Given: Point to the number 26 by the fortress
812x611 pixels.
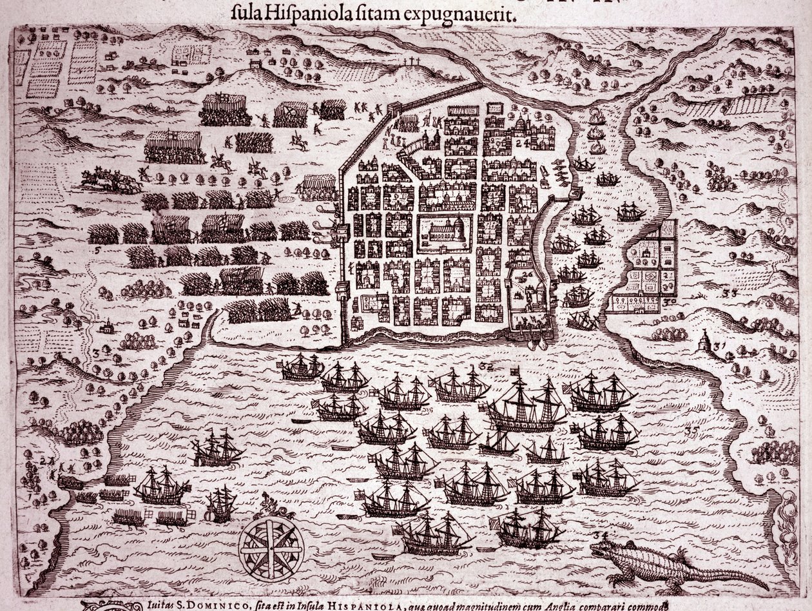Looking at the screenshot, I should click(x=527, y=275).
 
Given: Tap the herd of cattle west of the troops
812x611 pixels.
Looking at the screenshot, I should click(x=110, y=181).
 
